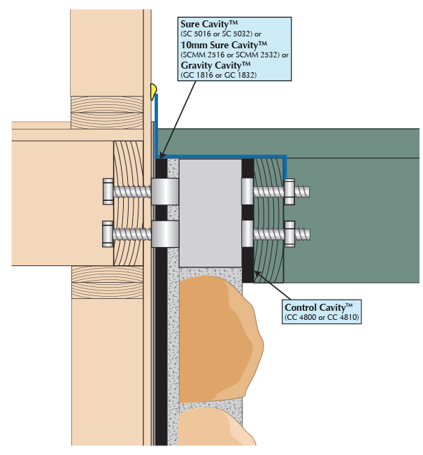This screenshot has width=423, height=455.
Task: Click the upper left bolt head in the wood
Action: (x=108, y=190)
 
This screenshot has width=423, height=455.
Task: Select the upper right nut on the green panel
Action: (x=289, y=190)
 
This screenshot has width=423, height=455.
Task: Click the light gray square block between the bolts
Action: (x=210, y=210)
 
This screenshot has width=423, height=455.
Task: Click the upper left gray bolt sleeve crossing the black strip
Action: (x=164, y=190)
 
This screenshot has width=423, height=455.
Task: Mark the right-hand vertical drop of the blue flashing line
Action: (x=285, y=171)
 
